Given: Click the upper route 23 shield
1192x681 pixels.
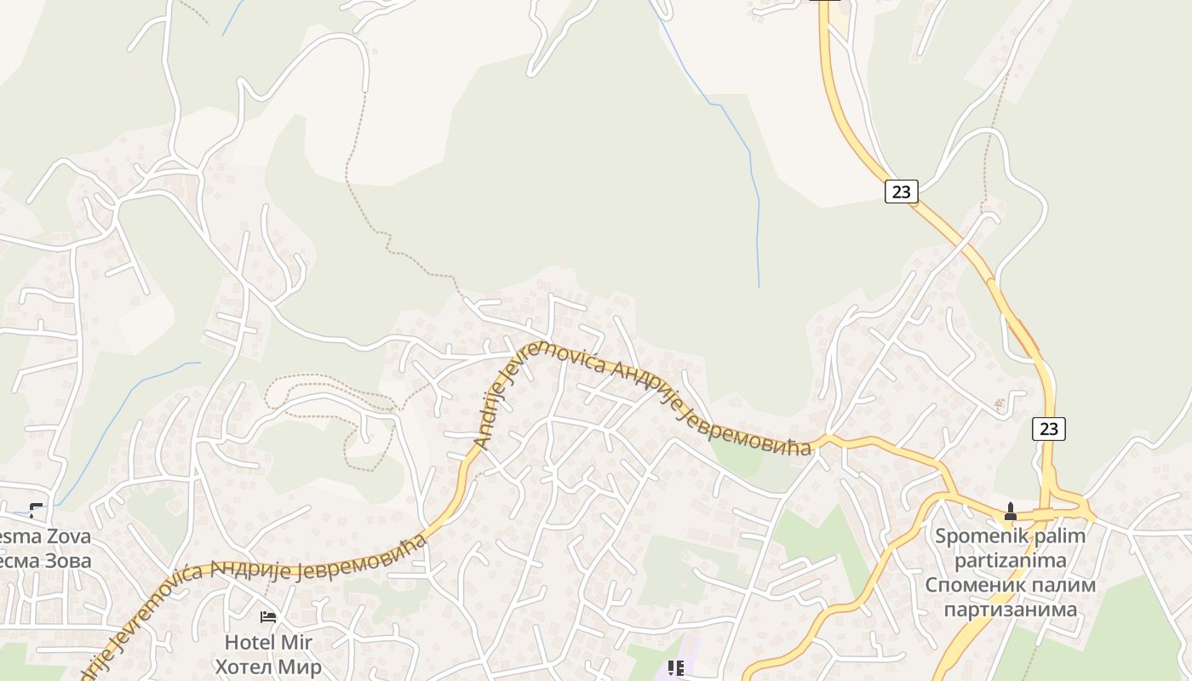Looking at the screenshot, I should [x=901, y=192].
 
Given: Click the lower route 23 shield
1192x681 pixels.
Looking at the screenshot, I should [x=1049, y=429].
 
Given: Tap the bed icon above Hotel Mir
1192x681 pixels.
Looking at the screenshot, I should [x=268, y=617].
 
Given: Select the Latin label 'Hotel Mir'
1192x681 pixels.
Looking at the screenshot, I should [x=268, y=642].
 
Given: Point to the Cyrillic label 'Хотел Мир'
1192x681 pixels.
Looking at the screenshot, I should [x=268, y=667].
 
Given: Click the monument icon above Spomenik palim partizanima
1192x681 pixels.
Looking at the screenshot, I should [x=1011, y=512].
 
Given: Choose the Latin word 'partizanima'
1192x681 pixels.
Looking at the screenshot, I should [x=1011, y=560].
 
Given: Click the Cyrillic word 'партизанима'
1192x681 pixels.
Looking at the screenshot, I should [x=1011, y=609].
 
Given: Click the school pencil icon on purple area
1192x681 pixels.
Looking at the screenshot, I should [x=676, y=668].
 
